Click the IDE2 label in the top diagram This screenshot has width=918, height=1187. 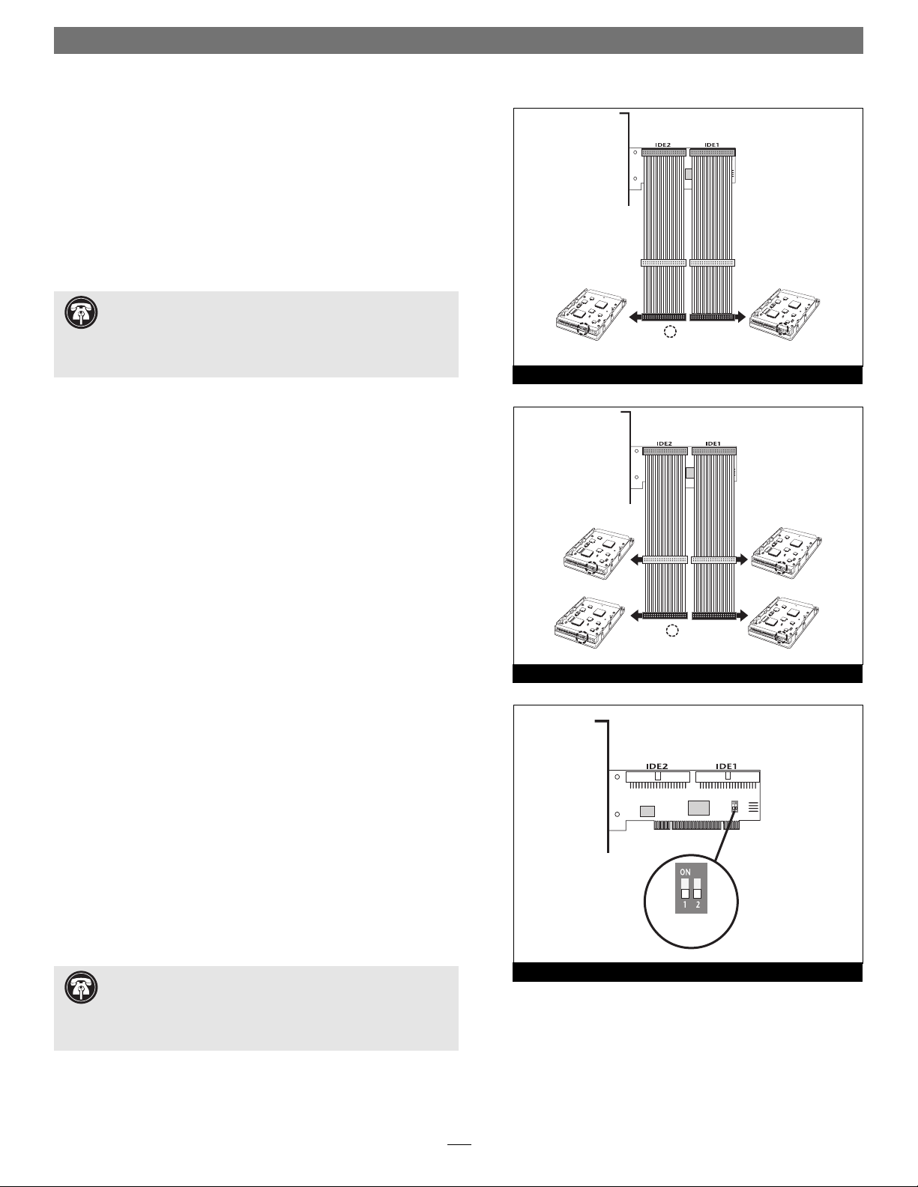pos(662,145)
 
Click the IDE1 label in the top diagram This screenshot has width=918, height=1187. pos(711,145)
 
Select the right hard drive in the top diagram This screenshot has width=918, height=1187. pos(785,315)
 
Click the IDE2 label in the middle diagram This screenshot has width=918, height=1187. pos(664,443)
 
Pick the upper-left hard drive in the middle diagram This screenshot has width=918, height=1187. pos(599,553)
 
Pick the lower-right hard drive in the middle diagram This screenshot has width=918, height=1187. pos(784,622)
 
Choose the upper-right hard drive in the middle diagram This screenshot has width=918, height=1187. pos(788,553)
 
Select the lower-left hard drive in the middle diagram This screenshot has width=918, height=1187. pos(591,622)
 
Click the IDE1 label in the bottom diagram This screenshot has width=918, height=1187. pos(727,766)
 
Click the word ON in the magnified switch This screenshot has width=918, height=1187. pos(685,872)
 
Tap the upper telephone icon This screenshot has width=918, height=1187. pos(82,313)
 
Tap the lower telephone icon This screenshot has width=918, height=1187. pos(82,988)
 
